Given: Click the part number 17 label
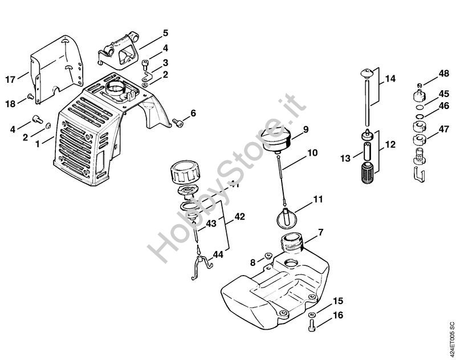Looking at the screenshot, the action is [x=10, y=80].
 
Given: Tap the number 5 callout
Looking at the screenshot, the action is [x=165, y=33].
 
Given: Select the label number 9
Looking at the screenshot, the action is [x=306, y=130].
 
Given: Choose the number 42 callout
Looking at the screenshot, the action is [x=239, y=217].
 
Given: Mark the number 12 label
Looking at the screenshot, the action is [x=390, y=145].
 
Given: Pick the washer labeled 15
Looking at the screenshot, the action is [x=312, y=315].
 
